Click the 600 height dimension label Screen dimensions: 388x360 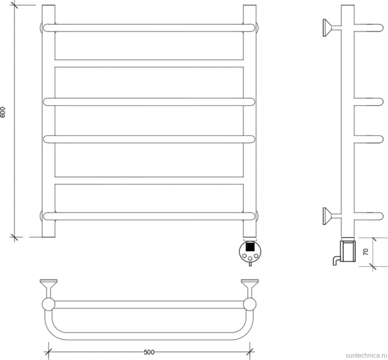(x=3, y=112)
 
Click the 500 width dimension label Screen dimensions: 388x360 (x=149, y=352)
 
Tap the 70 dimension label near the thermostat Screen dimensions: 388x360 (x=366, y=252)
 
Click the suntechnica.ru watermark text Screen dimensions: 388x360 (x=366, y=355)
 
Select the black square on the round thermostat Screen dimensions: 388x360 (x=250, y=247)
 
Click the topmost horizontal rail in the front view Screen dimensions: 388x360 (x=149, y=28)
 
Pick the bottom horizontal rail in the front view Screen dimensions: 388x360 (x=149, y=216)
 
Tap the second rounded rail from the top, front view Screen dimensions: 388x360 (x=149, y=102)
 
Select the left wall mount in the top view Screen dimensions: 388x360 (x=48, y=289)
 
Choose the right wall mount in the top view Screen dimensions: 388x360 (x=250, y=289)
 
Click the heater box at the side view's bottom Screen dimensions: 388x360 (x=348, y=250)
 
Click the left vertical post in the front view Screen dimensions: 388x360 (x=48, y=121)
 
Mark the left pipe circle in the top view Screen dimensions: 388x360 (x=48, y=304)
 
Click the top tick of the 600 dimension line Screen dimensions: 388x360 (x=14, y=5)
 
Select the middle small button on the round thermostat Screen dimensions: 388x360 (x=250, y=259)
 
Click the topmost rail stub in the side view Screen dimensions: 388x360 (x=369, y=28)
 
